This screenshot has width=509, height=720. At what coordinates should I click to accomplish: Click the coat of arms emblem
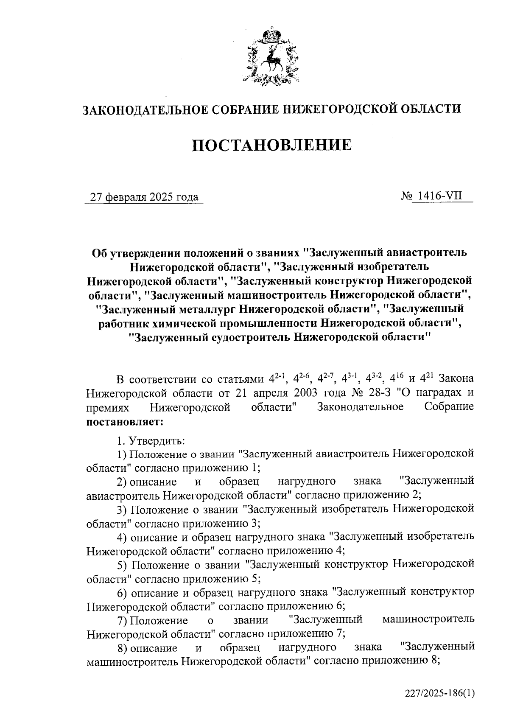(x=272, y=57)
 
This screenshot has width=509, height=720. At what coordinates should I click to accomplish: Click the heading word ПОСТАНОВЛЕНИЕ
(x=272, y=145)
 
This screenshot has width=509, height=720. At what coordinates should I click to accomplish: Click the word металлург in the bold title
(x=204, y=308)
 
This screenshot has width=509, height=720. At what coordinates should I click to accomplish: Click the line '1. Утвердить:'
(x=151, y=440)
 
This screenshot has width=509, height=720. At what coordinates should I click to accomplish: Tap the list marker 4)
(x=123, y=537)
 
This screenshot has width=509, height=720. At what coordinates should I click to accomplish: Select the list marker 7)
(x=123, y=620)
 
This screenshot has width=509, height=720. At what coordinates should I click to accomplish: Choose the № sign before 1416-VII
(x=406, y=197)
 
